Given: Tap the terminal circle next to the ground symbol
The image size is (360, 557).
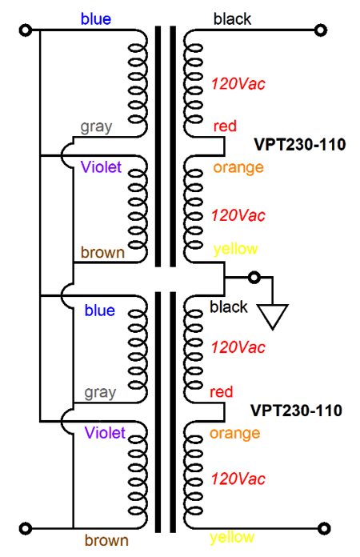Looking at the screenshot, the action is tap(254, 278).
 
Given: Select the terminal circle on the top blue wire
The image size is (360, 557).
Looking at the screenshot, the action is tap(26, 30).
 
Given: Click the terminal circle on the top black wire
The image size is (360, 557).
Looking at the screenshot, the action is tap(321, 30).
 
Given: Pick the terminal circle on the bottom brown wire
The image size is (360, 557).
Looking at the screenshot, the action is tap(26, 528).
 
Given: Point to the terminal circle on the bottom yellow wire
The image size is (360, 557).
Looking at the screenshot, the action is tap(323, 528).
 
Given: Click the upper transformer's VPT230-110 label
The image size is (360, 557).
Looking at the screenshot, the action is tap(300, 145).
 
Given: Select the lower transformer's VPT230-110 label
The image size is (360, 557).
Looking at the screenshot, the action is tap(297, 411).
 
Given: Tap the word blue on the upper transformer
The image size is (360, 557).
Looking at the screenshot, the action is tap(96, 19).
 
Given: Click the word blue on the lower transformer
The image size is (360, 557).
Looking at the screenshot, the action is tap(100, 311).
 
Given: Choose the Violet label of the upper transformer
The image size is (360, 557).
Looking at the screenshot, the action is tap(101, 167).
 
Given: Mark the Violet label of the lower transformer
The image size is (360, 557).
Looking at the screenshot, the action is tap(105, 433).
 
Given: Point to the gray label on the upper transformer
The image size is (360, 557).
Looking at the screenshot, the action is tap(96, 127).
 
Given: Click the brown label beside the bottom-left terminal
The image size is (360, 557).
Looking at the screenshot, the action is tap(106, 540).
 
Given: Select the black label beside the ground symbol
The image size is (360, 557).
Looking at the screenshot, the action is tap(229, 307).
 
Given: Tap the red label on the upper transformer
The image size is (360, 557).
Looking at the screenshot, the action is tap(225, 126).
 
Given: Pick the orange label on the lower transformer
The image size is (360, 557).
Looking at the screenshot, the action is tap(234, 434).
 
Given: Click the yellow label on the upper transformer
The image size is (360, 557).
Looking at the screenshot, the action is tap(235, 250).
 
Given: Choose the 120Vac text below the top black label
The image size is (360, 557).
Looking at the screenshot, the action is tap(238, 84).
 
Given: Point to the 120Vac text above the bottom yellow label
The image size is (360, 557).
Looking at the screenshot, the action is tap(238, 479).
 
